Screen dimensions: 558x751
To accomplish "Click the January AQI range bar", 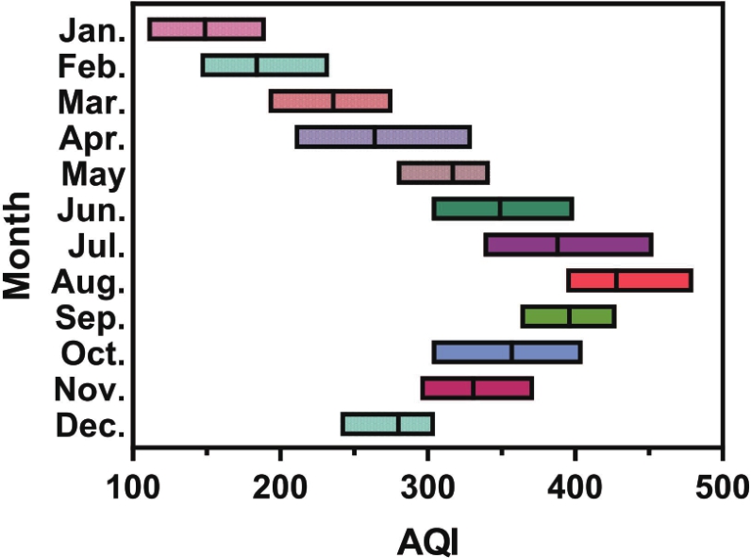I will pos(207,29).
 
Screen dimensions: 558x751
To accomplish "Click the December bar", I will pos(388,424).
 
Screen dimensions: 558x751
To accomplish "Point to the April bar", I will pos(382,137).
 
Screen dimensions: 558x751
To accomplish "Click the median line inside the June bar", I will pos(499,209).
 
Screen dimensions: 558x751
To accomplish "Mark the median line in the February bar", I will pos(257,65).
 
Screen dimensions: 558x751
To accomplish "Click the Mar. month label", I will pos(93,102).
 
